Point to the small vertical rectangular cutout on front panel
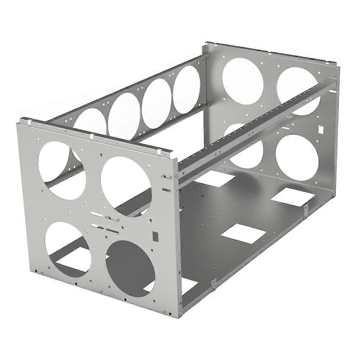(x=156, y=236)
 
